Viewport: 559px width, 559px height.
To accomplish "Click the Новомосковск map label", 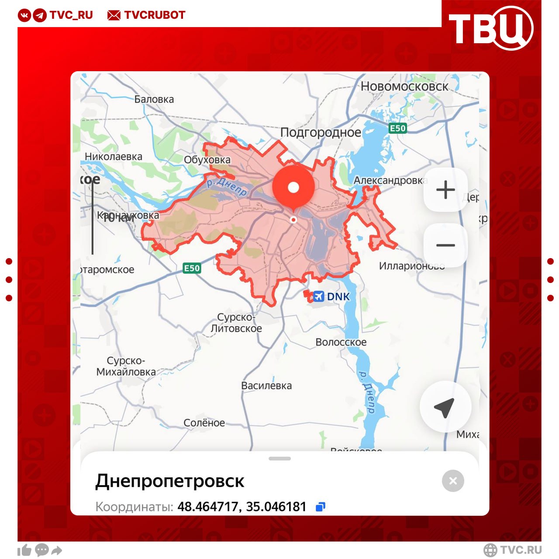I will (x=404, y=86).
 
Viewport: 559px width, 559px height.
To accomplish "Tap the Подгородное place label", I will (x=321, y=132).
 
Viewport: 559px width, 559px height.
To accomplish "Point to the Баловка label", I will (x=154, y=100).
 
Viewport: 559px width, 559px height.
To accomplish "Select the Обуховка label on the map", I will (x=207, y=160).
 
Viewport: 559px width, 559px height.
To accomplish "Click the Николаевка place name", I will (x=114, y=157).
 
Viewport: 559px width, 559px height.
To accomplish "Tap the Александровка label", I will (x=388, y=180).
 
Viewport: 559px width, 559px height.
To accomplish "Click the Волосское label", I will (x=341, y=342).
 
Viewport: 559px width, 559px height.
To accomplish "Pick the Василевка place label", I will (x=266, y=386).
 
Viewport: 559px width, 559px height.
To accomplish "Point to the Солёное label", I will (x=204, y=423).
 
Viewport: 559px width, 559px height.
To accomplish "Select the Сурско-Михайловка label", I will (x=126, y=366).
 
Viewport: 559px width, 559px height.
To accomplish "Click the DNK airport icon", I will (x=319, y=297).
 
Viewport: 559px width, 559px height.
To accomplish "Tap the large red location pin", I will (x=293, y=188).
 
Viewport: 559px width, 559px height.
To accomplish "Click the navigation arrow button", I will (x=445, y=407).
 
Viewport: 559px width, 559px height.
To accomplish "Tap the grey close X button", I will (x=453, y=481).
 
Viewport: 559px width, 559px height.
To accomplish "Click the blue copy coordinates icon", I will (x=321, y=507).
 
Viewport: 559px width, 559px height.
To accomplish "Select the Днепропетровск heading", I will (x=170, y=481).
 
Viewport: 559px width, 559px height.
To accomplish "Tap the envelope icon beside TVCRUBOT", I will (x=114, y=15).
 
